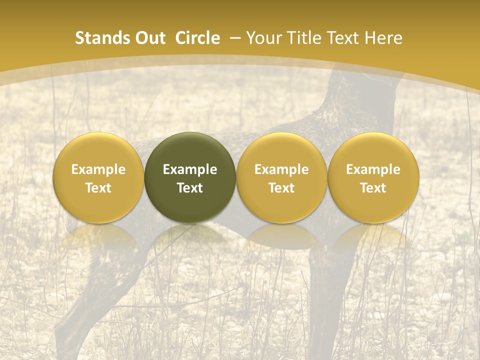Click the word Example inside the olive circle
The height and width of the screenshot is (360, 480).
coord(190,169)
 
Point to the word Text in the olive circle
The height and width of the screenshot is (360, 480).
coord(190,188)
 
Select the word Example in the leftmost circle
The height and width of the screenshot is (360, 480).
coord(98,169)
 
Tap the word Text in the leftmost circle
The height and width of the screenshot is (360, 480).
coord(98,188)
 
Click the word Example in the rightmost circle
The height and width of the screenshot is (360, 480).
coord(373,169)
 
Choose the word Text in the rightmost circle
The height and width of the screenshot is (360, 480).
coord(373,188)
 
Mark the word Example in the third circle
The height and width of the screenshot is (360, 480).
coord(281,169)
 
